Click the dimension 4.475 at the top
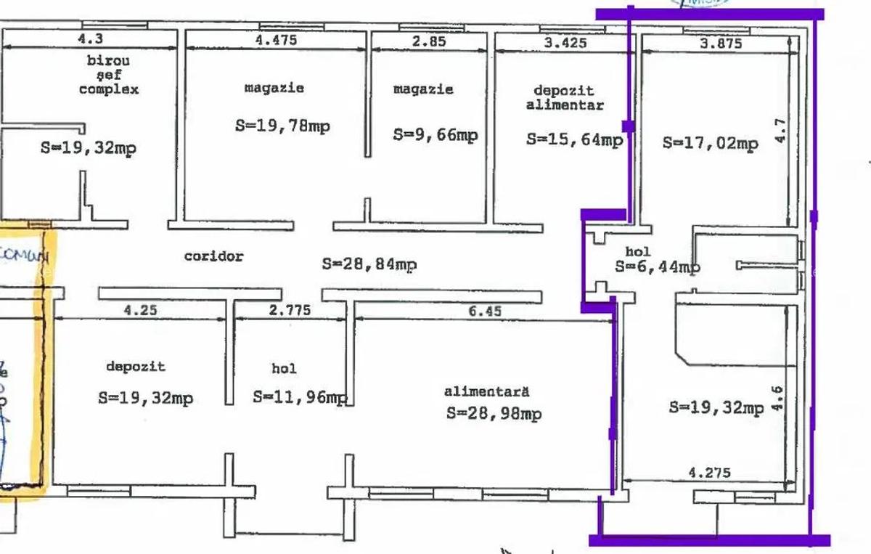pos(276,41)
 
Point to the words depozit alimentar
pos(563,97)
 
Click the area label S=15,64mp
pos(574,139)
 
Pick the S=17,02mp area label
pos(710,143)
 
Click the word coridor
pos(213,256)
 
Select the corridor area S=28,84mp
pos(369,264)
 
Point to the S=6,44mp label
pos(657,266)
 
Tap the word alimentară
pos(486,391)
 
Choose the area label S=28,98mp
pos(494,414)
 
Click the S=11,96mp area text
pos(300,397)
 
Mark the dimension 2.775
pos(290,311)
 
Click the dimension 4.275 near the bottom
pos(709,473)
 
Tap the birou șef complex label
pos(108,75)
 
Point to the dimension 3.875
pos(720,43)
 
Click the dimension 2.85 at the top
pos(429,41)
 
